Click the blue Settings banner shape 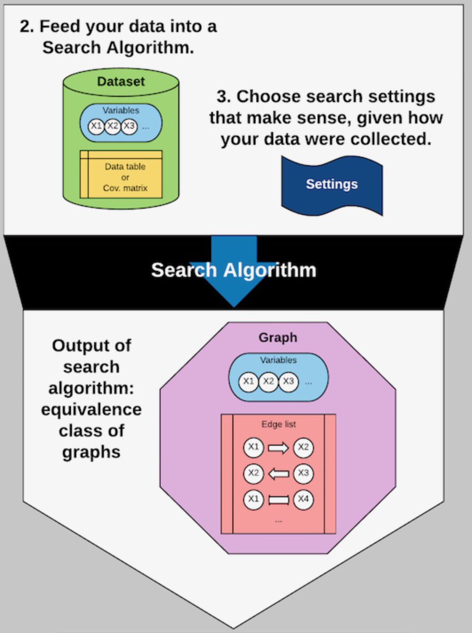331,184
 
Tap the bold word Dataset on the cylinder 121,82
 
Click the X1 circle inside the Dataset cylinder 95,126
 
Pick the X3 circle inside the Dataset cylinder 129,126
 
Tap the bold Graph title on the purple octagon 277,338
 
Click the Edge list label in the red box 278,424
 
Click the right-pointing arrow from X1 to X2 278,448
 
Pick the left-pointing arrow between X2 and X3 278,473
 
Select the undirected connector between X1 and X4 278,498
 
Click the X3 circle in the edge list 303,473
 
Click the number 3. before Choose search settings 223,97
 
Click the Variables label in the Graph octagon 278,360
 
